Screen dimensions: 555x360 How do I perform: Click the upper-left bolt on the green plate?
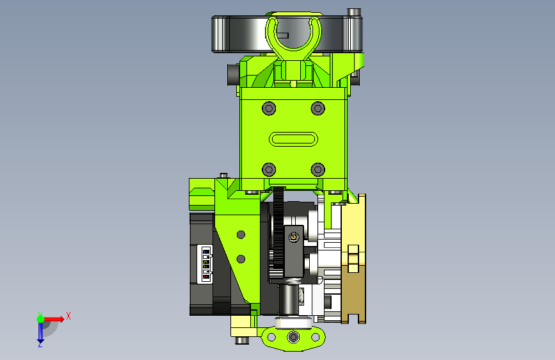[x=269, y=108]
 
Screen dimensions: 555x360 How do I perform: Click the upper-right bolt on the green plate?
[x=318, y=108]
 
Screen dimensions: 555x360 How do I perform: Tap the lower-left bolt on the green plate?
[x=269, y=170]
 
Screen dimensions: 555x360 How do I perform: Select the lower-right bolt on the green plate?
[x=318, y=170]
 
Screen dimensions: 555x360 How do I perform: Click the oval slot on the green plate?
[x=293, y=139]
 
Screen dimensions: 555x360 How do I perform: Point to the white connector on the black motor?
[x=205, y=264]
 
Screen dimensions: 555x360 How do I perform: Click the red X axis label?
[x=68, y=316]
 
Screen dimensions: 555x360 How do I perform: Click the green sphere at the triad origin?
[x=41, y=319]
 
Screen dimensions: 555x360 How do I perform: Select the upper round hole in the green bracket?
[x=241, y=234]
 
